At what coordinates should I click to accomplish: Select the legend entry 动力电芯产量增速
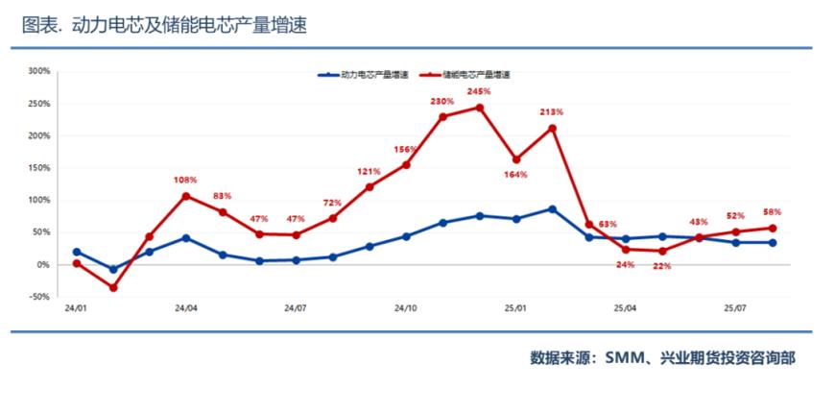point(370,74)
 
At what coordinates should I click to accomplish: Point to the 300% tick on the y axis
point(38,71)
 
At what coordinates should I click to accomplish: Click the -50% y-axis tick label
point(38,298)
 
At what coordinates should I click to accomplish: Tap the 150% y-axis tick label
point(38,168)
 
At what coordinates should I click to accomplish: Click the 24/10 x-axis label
point(406,309)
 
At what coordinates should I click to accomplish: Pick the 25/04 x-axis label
point(625,309)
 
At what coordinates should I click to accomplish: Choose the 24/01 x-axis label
point(76,309)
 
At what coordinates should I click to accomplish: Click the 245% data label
point(479,91)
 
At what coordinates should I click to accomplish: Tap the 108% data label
point(185,180)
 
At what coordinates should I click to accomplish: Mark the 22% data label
point(662,266)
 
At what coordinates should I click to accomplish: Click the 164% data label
point(515,175)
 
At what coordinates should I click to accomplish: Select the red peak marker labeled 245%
point(480,108)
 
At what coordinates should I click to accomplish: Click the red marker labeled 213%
point(553,128)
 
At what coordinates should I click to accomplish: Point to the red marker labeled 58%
point(773,228)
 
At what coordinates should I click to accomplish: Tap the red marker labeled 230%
point(442,117)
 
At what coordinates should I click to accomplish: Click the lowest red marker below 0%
point(113,287)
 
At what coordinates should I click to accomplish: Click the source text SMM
point(625,358)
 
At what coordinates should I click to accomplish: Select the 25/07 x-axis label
point(735,309)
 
